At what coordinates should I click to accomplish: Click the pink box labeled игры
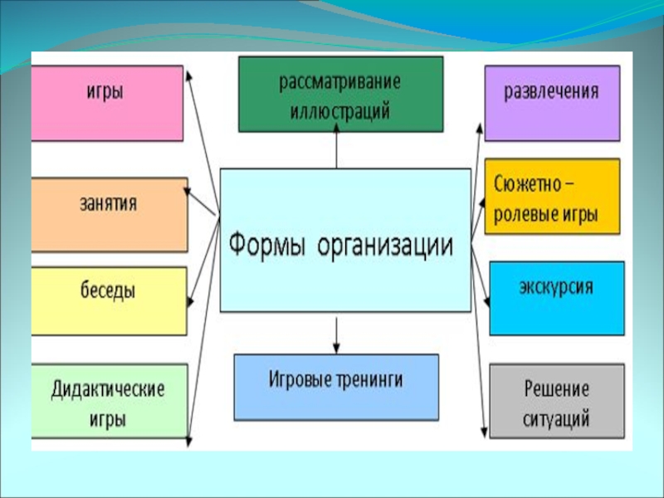coord(107,103)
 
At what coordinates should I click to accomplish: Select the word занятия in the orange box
coord(109,203)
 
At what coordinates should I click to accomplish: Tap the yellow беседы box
coord(109,301)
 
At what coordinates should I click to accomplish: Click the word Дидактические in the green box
coord(108,389)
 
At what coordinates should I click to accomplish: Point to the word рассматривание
coord(340,81)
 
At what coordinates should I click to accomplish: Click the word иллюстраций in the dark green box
coord(340,111)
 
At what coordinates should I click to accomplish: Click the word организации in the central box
coord(385,246)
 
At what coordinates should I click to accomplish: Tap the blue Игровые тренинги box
coord(336,388)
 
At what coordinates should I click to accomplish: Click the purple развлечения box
coord(552,103)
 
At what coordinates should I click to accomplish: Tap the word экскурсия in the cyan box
coord(556,287)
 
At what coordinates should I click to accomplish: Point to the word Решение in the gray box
coord(556,389)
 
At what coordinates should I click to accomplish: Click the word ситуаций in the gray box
coord(556,419)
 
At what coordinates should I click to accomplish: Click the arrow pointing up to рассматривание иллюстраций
coord(337,145)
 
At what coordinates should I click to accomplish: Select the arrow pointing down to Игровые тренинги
coord(336,335)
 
